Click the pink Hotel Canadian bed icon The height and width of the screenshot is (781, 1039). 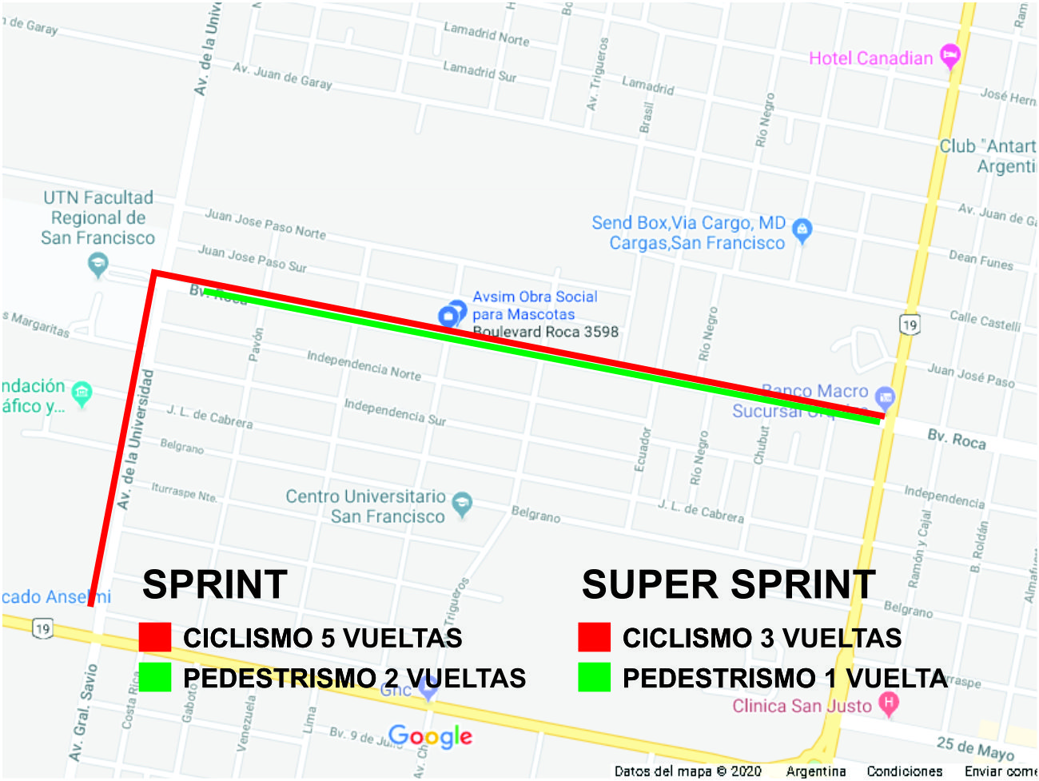949,56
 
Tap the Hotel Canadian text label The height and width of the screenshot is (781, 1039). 870,58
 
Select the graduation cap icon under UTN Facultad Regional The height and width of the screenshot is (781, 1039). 98,265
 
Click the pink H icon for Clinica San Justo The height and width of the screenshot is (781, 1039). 888,703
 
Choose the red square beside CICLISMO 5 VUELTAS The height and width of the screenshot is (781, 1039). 154,637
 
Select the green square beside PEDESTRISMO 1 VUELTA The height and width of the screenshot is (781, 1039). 594,677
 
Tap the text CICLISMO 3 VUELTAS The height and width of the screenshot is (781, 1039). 762,638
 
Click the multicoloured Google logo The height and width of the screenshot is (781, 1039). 430,736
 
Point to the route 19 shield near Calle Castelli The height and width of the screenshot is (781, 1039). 910,325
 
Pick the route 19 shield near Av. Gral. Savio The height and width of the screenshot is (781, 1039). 43,628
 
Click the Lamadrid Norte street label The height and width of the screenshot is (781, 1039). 486,34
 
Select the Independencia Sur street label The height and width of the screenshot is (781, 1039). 395,412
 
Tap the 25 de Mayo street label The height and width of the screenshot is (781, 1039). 974,748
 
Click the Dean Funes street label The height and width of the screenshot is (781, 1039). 981,260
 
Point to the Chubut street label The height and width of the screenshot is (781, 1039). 761,444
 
